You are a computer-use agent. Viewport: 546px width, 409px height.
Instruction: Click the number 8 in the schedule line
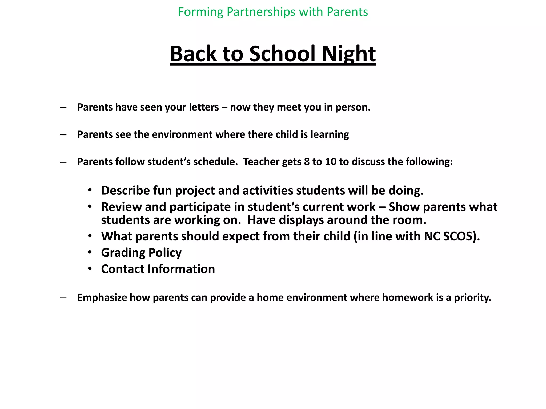(307, 162)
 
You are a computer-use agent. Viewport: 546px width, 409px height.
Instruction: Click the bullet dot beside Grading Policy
(90, 252)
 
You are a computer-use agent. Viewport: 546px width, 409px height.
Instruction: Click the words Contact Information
(158, 269)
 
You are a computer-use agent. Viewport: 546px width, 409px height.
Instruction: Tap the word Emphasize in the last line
(102, 297)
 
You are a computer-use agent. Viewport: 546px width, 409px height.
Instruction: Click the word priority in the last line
(472, 298)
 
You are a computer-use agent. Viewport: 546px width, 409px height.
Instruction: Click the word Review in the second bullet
(121, 207)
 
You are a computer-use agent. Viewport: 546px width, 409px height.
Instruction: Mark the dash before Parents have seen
(63, 107)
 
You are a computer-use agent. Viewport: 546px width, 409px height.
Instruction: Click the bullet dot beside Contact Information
(90, 268)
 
